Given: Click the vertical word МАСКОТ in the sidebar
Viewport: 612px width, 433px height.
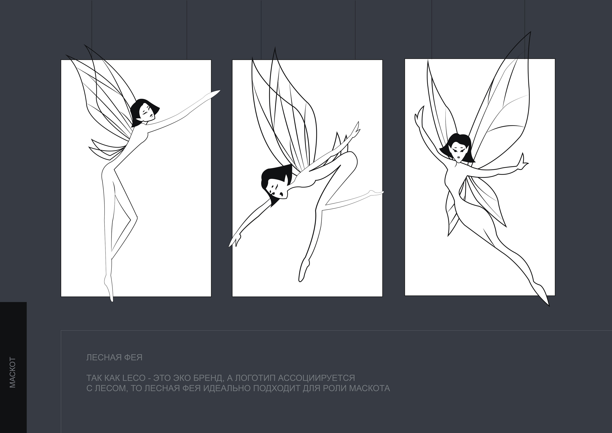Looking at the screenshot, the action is click(x=13, y=373).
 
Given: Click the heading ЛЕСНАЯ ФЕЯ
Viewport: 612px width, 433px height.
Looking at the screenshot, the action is click(x=114, y=358).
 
